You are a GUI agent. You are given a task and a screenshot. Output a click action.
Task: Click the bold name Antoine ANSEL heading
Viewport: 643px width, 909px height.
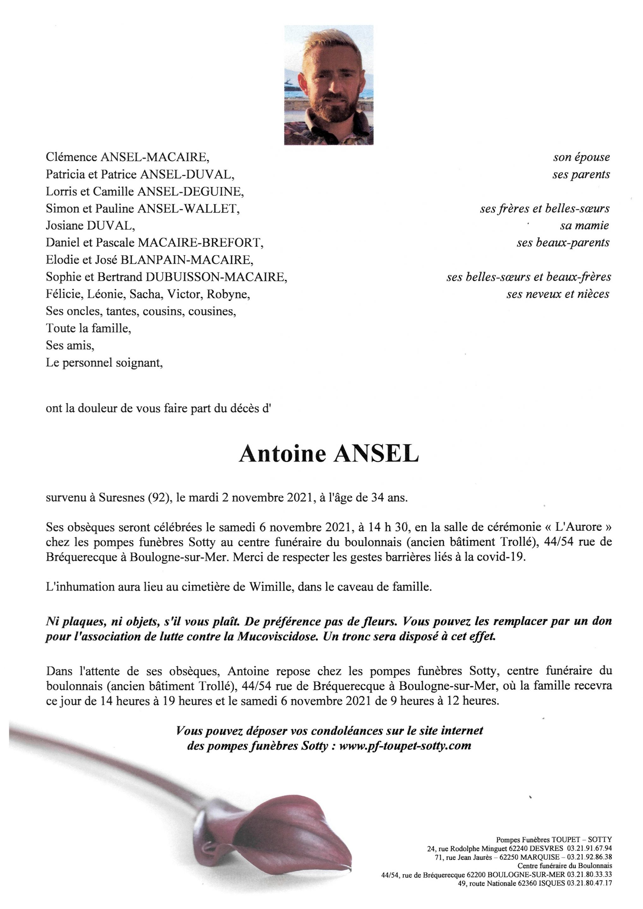tap(329, 454)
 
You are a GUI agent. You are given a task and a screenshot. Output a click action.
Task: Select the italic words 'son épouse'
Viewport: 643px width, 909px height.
tap(581, 157)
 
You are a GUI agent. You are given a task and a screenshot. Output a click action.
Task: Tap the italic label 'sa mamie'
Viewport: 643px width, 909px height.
tap(584, 226)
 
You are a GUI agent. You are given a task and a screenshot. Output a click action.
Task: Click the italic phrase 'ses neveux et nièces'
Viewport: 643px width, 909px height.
tap(557, 294)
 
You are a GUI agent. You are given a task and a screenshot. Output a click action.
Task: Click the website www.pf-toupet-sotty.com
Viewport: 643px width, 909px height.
tap(405, 746)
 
